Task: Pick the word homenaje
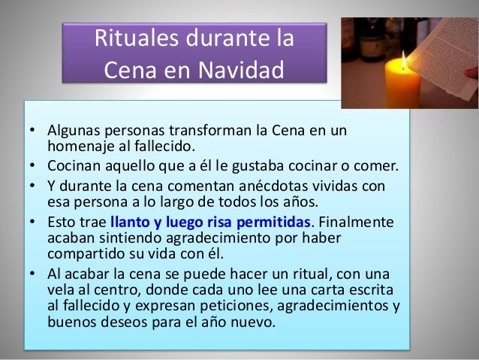click(82, 146)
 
